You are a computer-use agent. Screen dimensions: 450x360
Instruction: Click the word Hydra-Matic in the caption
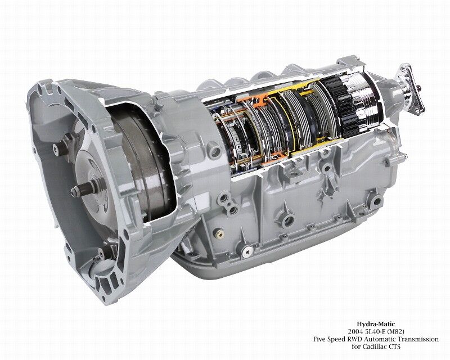point(376,325)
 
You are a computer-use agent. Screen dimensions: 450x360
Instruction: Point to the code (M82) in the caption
point(396,332)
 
